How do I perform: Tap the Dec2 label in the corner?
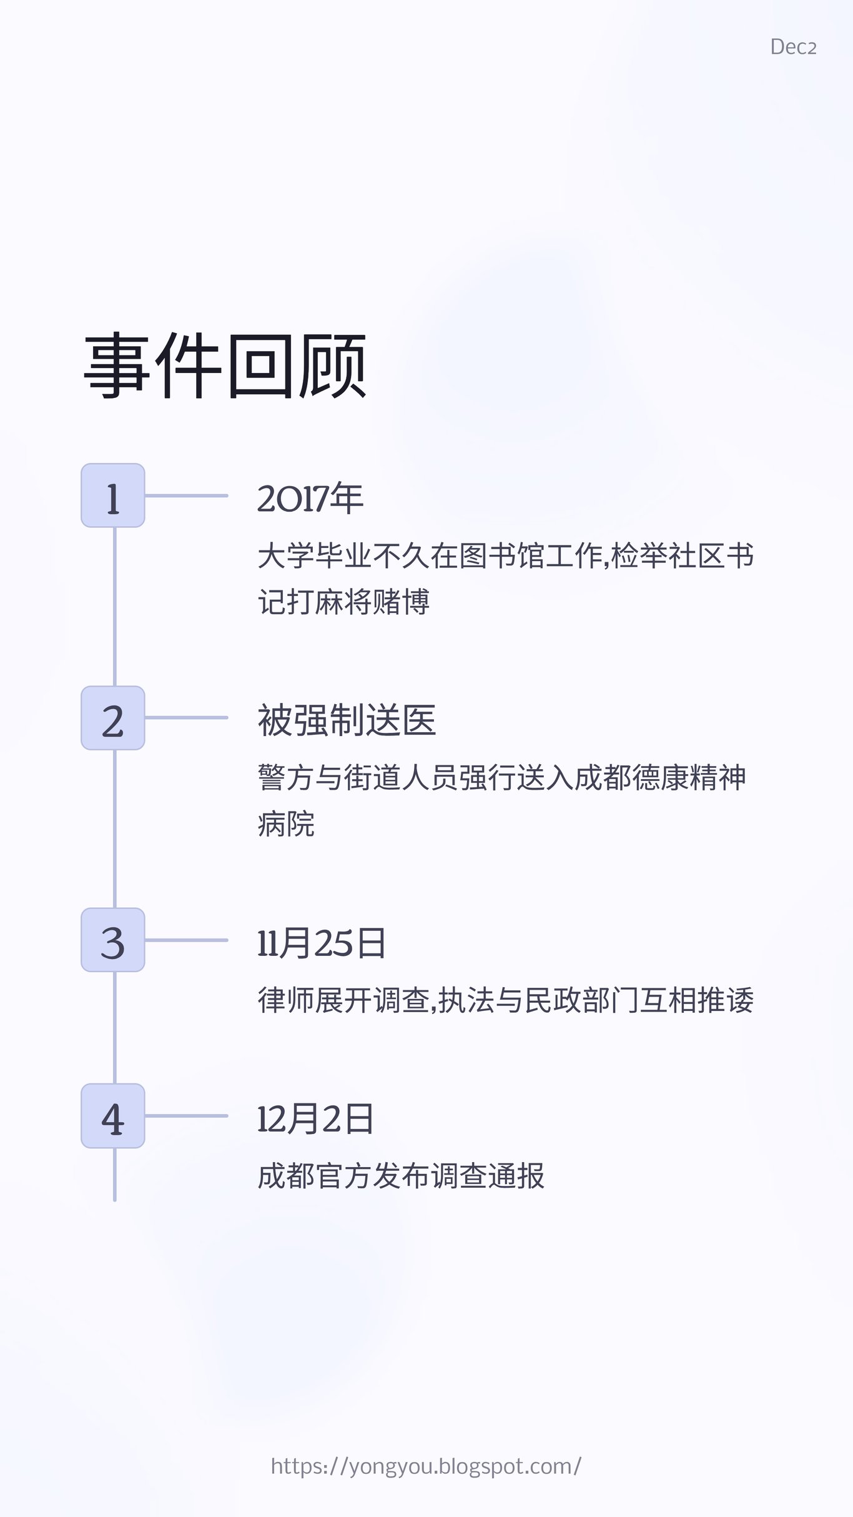click(793, 47)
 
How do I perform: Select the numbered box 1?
click(113, 495)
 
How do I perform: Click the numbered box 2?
click(113, 718)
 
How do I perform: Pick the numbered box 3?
click(113, 940)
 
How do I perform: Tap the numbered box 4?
click(113, 1116)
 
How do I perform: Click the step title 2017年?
click(310, 499)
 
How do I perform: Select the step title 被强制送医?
click(347, 720)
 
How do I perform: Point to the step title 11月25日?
click(322, 943)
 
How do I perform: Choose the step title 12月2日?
click(315, 1119)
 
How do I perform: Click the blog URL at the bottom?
click(426, 1466)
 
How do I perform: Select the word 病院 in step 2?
click(286, 824)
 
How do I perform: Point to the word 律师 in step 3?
click(286, 1000)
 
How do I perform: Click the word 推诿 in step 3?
click(725, 1000)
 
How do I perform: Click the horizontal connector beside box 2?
click(186, 718)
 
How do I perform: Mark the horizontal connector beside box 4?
click(186, 1116)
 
